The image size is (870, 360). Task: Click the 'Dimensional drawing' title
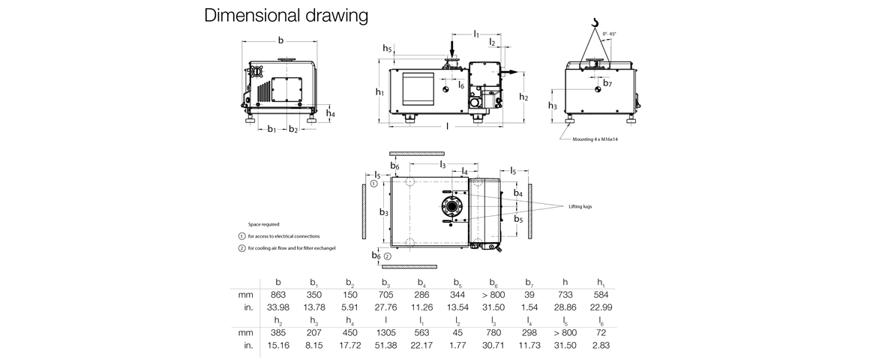[286, 16]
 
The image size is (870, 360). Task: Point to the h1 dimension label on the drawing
[380, 91]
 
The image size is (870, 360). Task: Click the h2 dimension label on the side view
[523, 97]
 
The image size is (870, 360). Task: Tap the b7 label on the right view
[607, 84]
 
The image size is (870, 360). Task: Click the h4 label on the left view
[331, 113]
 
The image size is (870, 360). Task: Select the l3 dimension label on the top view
[442, 164]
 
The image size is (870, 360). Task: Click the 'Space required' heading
[264, 223]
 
